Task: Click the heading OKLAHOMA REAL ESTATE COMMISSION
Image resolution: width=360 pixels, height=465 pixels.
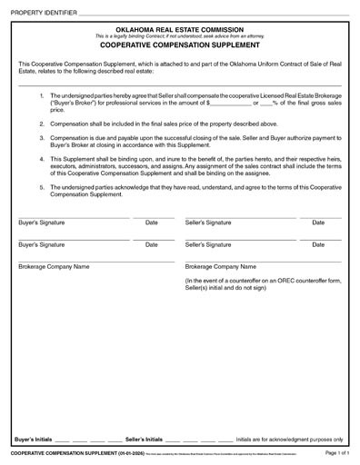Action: [180, 29]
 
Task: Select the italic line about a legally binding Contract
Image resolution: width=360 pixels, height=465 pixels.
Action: [180, 35]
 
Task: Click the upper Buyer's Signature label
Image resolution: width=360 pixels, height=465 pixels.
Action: [42, 223]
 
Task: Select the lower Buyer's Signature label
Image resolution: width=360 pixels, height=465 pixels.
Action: [42, 244]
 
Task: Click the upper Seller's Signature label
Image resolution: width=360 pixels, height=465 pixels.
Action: [208, 223]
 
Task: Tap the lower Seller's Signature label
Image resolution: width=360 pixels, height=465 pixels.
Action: [208, 244]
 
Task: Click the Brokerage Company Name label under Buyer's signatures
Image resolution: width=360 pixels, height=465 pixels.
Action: [54, 268]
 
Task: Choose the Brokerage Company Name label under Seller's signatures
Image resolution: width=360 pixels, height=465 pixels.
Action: [221, 268]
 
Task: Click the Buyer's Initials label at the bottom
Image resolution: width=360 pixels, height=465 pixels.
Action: [35, 439]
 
